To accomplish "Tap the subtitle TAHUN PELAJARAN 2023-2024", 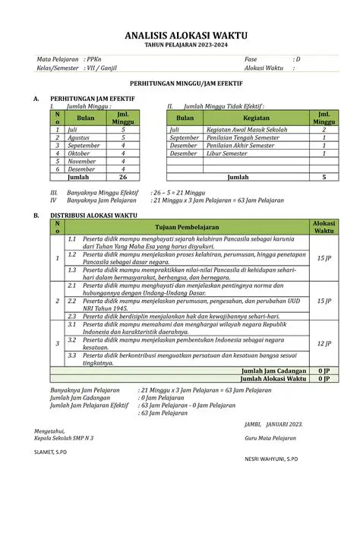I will pyautogui.click(x=180, y=46).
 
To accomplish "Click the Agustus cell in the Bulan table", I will pyautogui.click(x=79, y=137).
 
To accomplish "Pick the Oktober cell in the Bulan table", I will pyautogui.click(x=79, y=153).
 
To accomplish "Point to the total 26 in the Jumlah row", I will pyautogui.click(x=123, y=176).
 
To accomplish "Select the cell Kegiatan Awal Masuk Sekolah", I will pyautogui.click(x=247, y=130).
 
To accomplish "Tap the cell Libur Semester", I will pyautogui.click(x=227, y=153).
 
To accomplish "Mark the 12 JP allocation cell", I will pyautogui.click(x=324, y=343).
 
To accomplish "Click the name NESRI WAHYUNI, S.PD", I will pyautogui.click(x=270, y=459).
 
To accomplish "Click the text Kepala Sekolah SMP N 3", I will pyautogui.click(x=64, y=438).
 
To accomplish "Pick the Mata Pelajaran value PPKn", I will pyautogui.click(x=94, y=59).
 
